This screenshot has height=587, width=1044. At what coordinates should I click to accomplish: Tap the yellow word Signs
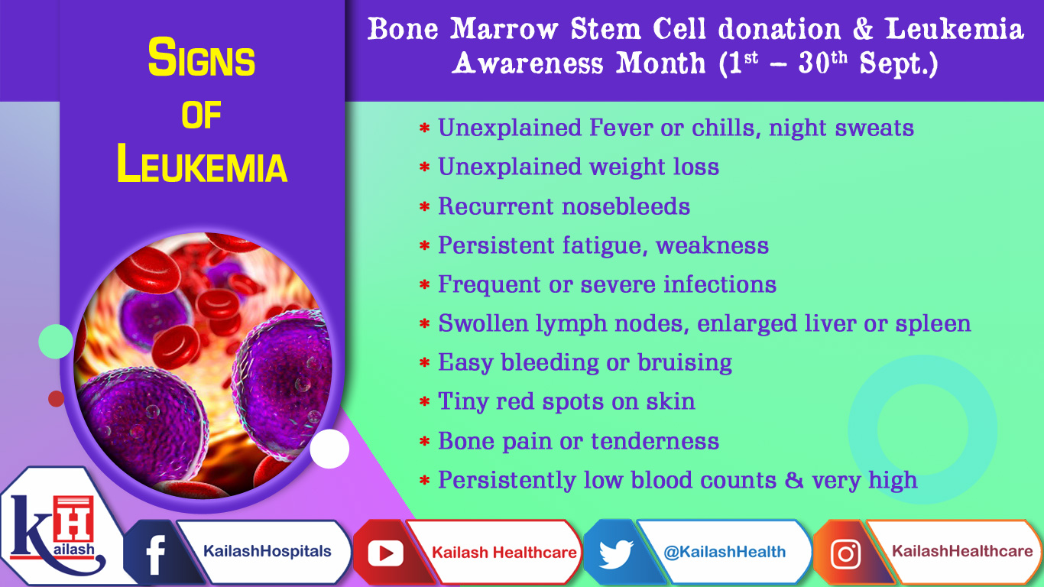click(x=202, y=60)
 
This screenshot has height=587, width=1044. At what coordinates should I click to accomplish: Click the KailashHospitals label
click(x=267, y=551)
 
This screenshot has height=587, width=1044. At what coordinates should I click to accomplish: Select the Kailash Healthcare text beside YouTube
click(x=504, y=552)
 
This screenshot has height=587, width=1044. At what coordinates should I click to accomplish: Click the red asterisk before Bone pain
click(x=425, y=443)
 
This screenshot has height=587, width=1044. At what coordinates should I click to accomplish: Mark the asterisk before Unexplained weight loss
click(x=425, y=168)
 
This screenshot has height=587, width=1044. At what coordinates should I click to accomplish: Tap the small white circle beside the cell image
click(x=329, y=449)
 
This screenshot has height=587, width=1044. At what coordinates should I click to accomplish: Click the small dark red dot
click(x=56, y=398)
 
